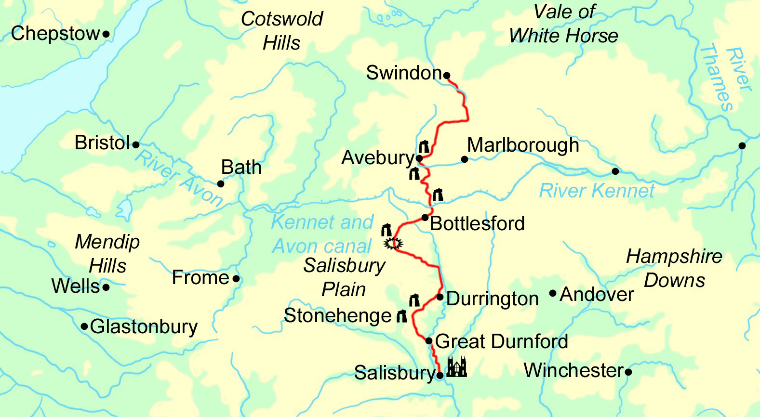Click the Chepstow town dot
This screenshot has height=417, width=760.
[106, 34]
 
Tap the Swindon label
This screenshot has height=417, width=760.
[403, 73]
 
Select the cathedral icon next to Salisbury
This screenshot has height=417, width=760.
[456, 367]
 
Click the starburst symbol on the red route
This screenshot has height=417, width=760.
[393, 244]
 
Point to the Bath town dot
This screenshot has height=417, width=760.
[221, 183]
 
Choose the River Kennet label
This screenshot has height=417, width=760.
[596, 191]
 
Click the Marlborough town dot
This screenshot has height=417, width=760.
[465, 159]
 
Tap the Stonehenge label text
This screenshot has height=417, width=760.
[337, 316]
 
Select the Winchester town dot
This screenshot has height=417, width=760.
[628, 372]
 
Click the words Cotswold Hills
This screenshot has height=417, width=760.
[282, 31]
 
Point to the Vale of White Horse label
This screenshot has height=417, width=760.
[564, 24]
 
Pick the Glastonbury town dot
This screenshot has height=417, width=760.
[84, 326]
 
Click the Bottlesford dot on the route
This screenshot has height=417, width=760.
[425, 218]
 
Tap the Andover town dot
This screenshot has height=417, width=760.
[553, 293]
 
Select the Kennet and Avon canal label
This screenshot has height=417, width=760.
[322, 234]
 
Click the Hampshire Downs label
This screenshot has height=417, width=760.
[674, 268]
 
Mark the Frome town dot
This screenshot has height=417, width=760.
[236, 278]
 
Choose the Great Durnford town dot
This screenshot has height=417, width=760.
[429, 341]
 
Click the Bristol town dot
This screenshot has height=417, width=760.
[136, 144]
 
